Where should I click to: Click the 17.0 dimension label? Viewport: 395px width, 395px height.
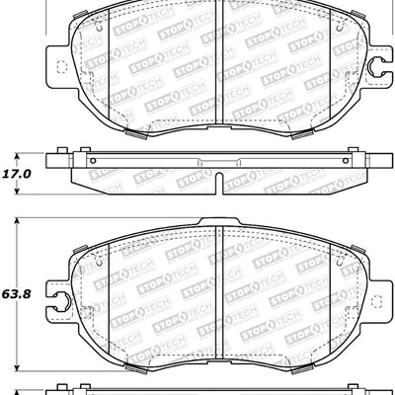pyautogui.click(x=17, y=172)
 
